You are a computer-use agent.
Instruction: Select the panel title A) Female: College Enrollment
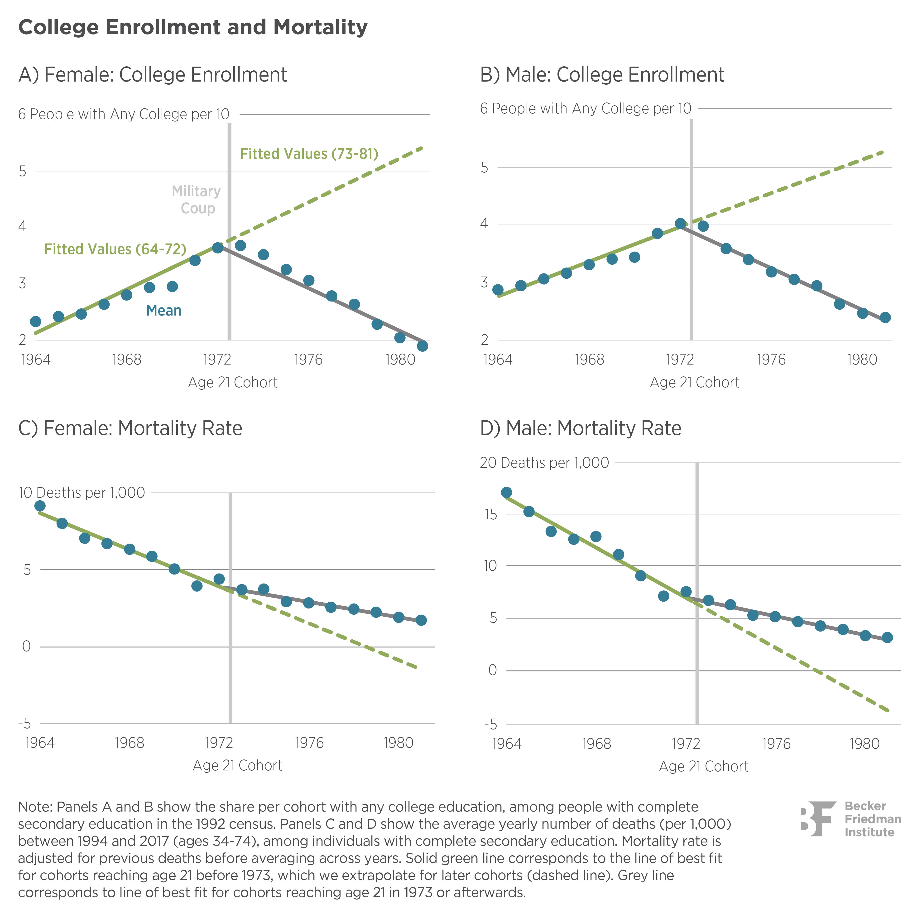[x=153, y=75]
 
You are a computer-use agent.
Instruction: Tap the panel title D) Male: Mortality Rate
[x=580, y=428]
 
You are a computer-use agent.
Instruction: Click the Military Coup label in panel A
[x=196, y=200]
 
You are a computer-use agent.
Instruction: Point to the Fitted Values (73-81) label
[x=309, y=154]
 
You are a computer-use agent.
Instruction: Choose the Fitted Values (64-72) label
[x=115, y=249]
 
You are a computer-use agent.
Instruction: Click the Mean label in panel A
[x=164, y=311]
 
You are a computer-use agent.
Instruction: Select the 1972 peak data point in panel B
[x=680, y=224]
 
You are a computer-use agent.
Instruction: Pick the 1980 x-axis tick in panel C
[x=398, y=743]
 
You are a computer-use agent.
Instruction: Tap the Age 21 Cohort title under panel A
[x=233, y=382]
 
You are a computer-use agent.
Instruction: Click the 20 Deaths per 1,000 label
[x=544, y=463]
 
